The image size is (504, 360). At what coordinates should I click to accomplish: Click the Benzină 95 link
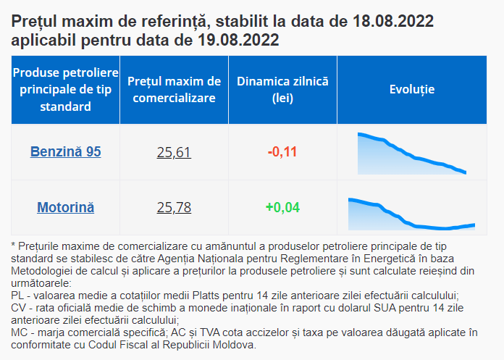click(x=65, y=151)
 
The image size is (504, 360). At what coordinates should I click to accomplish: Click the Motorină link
click(x=65, y=208)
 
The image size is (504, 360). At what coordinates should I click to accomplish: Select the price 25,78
click(x=174, y=208)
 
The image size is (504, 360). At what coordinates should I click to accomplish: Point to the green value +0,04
click(x=282, y=208)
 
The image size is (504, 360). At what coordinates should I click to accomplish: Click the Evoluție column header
click(x=411, y=89)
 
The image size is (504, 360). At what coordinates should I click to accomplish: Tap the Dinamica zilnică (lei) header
click(x=282, y=89)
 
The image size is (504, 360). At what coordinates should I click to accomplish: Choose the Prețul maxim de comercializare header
click(x=174, y=89)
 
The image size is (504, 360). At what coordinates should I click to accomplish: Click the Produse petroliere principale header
click(x=65, y=89)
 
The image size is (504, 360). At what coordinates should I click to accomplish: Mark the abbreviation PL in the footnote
click(x=18, y=296)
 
